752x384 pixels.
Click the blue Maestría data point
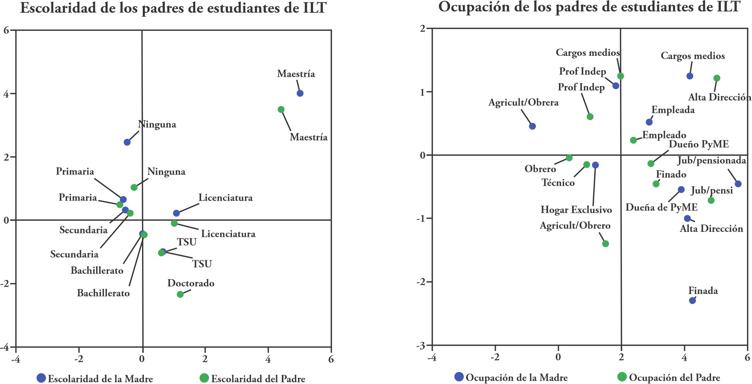300,93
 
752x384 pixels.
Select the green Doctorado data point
180,294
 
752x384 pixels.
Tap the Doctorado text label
191,283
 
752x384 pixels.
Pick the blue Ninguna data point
127,142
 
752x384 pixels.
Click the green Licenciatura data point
174,223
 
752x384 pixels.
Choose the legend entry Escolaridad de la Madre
95,378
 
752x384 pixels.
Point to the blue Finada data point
693,301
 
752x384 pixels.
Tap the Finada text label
703,291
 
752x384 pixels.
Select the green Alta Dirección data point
717,78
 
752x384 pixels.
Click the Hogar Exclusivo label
576,210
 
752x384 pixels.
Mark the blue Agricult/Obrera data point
533,126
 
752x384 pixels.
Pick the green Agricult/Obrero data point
606,244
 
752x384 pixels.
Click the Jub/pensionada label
712,161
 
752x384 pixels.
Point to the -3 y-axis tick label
421,346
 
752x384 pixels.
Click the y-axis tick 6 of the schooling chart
7,30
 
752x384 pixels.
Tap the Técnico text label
558,183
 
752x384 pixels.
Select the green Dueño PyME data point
651,164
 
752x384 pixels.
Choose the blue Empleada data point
649,122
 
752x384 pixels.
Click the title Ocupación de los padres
589,7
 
